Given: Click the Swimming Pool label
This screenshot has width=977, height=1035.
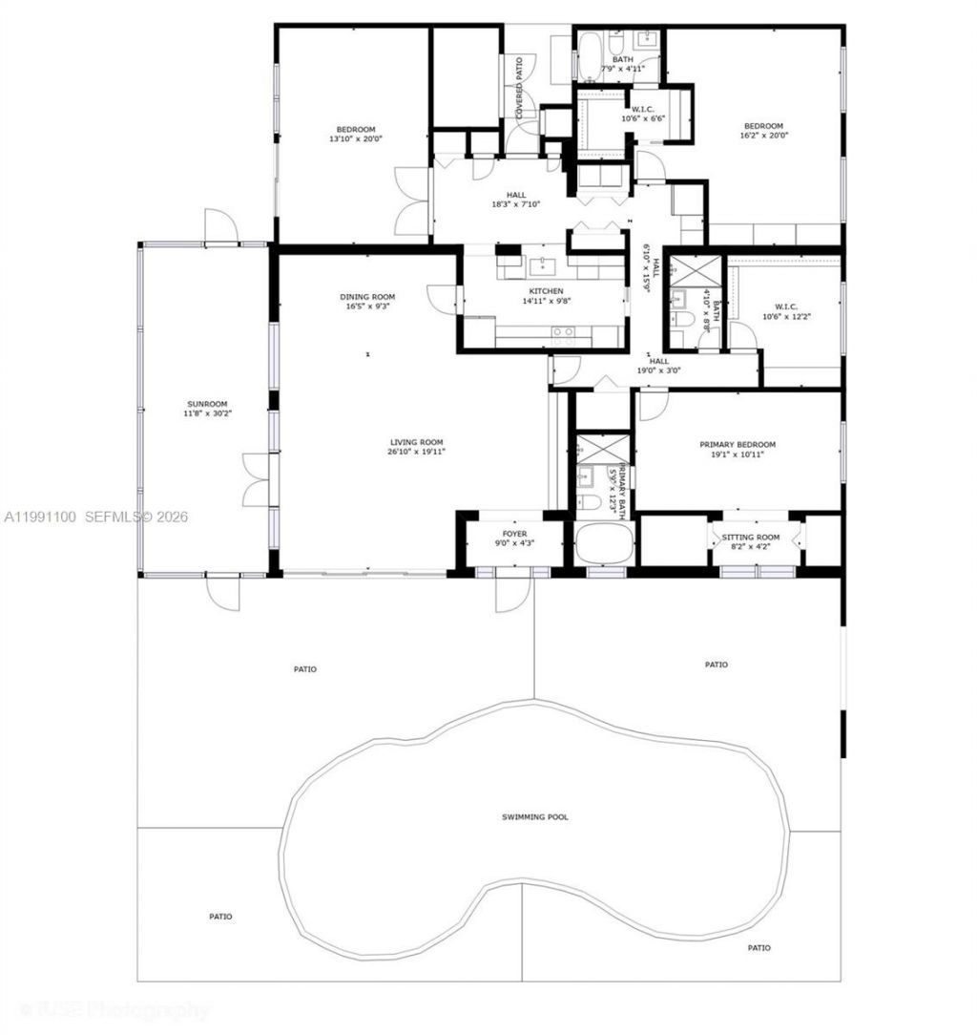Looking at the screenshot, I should coord(535,817).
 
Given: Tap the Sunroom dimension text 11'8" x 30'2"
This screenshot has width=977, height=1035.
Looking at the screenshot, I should coord(208,413).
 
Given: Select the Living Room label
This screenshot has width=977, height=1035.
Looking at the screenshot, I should coord(417,442).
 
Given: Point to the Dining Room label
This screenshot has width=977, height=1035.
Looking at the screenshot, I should coord(367,297).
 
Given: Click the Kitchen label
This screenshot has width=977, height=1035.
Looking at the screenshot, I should coord(546,291).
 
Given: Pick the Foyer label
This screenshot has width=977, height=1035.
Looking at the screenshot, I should coord(514,534).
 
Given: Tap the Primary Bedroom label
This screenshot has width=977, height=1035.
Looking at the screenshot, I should coord(737,445).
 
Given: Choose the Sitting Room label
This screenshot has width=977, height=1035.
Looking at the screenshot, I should coord(758,538).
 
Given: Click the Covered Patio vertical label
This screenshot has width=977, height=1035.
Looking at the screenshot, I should coord(520,88).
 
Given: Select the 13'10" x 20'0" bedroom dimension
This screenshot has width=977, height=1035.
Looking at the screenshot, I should coord(355,138).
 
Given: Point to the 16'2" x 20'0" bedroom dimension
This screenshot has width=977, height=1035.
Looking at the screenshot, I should coord(763,136).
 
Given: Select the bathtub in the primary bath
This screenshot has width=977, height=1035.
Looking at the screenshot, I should coord(604,543).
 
